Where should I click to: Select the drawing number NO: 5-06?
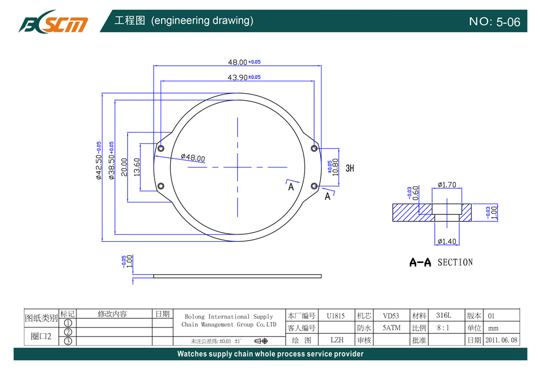click(x=494, y=22)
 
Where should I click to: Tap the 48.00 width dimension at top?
click(x=237, y=63)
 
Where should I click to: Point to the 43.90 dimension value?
click(x=237, y=78)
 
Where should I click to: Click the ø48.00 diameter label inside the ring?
click(x=193, y=158)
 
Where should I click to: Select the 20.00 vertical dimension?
click(x=124, y=167)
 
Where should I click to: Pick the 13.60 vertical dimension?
click(x=137, y=167)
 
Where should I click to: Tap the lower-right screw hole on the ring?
click(x=314, y=186)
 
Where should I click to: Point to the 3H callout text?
click(x=350, y=168)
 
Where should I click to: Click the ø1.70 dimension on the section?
click(x=447, y=185)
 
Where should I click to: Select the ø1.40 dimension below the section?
click(x=447, y=241)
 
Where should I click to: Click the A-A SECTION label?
click(x=441, y=263)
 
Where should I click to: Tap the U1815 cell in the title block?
click(x=335, y=316)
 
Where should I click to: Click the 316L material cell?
click(x=443, y=316)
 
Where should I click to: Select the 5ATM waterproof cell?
click(x=391, y=327)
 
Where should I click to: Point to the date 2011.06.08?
click(x=501, y=340)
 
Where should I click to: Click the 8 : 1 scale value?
click(x=444, y=327)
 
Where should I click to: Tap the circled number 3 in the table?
click(x=68, y=341)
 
